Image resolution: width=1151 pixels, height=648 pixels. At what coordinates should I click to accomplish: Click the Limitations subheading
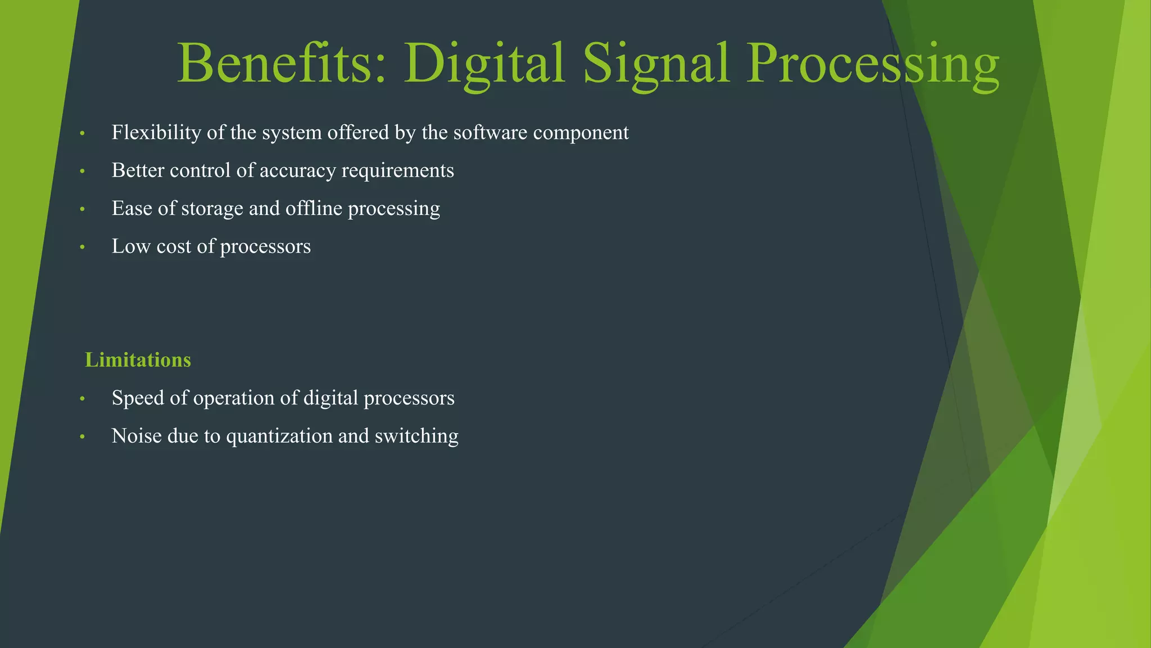[x=138, y=360]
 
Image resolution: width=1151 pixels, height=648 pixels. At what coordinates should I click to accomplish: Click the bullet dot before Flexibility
[x=82, y=134]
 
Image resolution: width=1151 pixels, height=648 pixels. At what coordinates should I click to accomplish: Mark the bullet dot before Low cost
[x=82, y=247]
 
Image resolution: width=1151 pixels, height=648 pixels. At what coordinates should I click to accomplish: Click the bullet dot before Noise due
[x=82, y=437]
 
